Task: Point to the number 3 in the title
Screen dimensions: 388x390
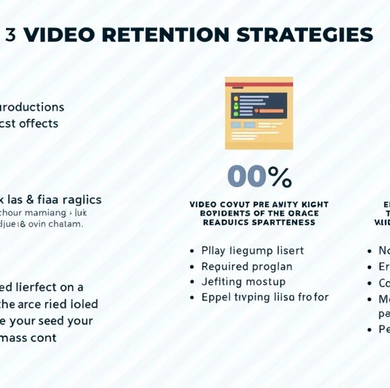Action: point(10,35)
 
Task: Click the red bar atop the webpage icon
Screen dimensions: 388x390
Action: point(259,84)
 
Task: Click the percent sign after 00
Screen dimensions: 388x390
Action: point(280,177)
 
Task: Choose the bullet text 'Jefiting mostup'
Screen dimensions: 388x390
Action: point(243,282)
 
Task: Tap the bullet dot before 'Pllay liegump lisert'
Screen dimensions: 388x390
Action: point(194,251)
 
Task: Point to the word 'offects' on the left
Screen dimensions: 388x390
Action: point(38,123)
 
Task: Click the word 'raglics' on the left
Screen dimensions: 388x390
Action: point(81,199)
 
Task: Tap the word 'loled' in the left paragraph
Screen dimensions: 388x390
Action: point(83,304)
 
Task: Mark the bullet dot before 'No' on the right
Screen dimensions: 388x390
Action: point(370,251)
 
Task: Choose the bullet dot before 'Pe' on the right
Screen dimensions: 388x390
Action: point(370,329)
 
